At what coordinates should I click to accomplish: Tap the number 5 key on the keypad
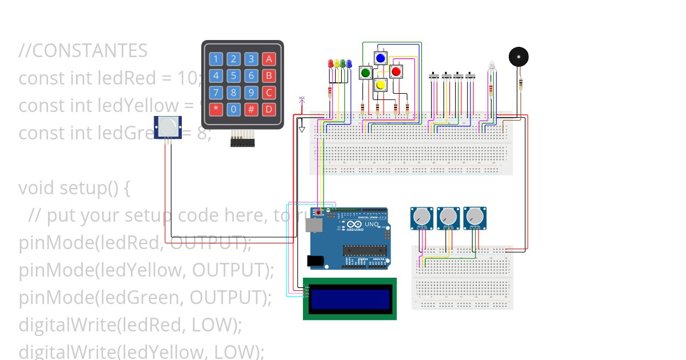pyautogui.click(x=233, y=75)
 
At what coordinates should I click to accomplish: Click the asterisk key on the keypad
pyautogui.click(x=216, y=109)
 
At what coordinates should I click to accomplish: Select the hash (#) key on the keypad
pyautogui.click(x=251, y=109)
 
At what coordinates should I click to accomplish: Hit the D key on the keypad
pyautogui.click(x=269, y=109)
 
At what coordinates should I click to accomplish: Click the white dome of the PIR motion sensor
pyautogui.click(x=169, y=127)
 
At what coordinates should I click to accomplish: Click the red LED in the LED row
pyautogui.click(x=330, y=63)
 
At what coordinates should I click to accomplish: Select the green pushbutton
pyautogui.click(x=365, y=73)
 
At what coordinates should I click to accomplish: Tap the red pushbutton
pyautogui.click(x=396, y=71)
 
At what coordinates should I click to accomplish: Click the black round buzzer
pyautogui.click(x=519, y=57)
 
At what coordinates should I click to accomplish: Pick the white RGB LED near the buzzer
pyautogui.click(x=490, y=66)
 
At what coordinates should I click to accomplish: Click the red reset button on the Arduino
pyautogui.click(x=318, y=212)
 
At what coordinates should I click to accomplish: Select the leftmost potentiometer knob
pyautogui.click(x=421, y=217)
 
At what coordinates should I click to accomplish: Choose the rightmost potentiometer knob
pyautogui.click(x=474, y=217)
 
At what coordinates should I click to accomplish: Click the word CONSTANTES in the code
pyautogui.click(x=90, y=51)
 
